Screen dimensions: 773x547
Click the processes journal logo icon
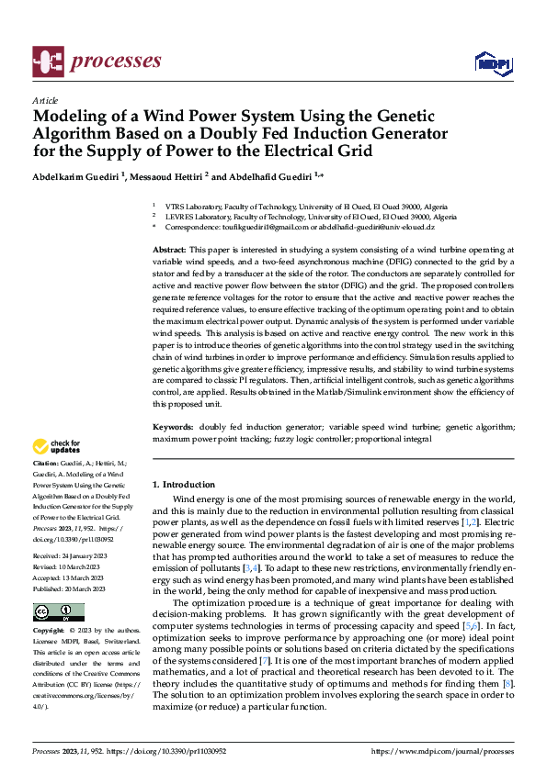[45, 61]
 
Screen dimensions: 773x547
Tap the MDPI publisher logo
[488, 62]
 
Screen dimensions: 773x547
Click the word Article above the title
[45, 100]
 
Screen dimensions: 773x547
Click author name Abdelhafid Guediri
[272, 174]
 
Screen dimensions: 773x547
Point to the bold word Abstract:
[169, 250]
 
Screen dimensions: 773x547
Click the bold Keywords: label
[173, 428]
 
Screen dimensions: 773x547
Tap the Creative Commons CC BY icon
[58, 612]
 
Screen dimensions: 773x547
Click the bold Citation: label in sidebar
[48, 465]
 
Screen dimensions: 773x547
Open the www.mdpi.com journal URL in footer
[443, 751]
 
